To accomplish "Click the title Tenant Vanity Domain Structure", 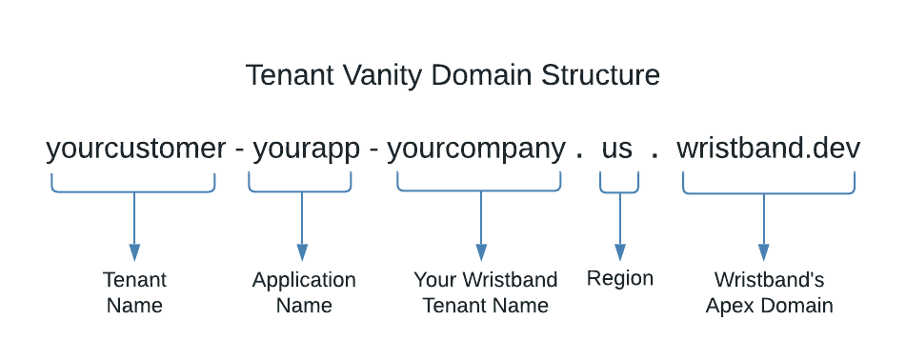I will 453,75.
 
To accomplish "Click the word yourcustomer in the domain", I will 135,149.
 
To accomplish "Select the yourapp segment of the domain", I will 306,149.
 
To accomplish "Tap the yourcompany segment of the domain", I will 476,149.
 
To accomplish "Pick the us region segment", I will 617,149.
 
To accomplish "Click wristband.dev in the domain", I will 768,149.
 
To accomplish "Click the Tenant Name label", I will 134,292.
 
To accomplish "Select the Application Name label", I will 304,292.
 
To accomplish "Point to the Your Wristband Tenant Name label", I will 485,292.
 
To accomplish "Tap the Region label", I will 620,278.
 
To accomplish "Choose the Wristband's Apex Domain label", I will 769,292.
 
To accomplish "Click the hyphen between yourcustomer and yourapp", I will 239,150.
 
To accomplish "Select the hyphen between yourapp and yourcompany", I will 373,150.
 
